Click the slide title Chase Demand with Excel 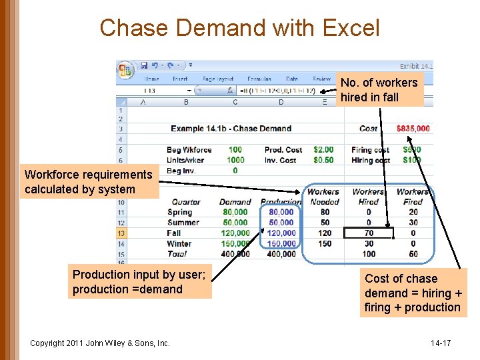pos(239,28)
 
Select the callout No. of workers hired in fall pos(379,90)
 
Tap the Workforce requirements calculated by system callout pos(89,182)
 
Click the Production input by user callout pos(139,282)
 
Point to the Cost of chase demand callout pos(413,293)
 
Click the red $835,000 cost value pos(413,129)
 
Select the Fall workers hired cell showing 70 pos(369,233)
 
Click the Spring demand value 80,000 pos(235,212)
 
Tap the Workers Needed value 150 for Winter pos(325,244)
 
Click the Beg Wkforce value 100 pos(235,150)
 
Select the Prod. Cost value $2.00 pos(323,150)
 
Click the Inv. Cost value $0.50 pos(323,160)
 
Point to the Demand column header pos(235,202)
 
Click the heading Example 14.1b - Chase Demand pos(231,129)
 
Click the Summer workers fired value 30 pos(413,223)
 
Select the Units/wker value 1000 pos(235,160)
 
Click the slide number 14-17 pos(441,343)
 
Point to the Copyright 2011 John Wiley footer pos(100,343)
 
